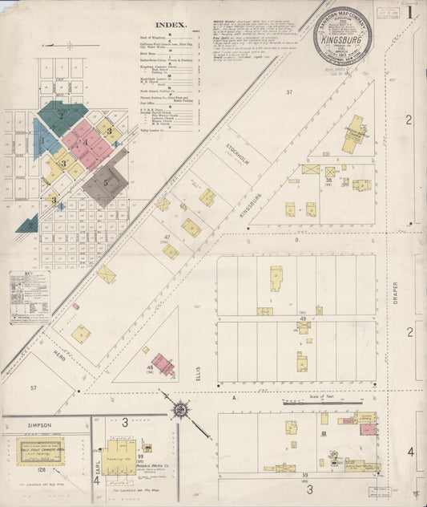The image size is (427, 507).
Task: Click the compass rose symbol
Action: click(181, 409)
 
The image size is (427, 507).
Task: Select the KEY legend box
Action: click(29, 297)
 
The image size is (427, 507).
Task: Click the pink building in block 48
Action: click(164, 364)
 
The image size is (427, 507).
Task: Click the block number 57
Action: click(34, 387)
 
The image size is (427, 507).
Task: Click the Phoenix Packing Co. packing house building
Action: click(120, 452)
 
